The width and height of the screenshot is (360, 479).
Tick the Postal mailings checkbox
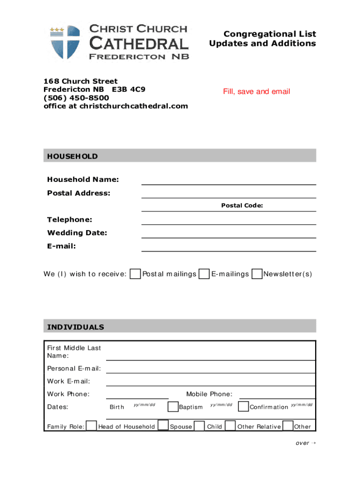[135, 274]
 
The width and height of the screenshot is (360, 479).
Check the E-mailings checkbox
[204, 274]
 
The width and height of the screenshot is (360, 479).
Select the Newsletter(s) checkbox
[257, 274]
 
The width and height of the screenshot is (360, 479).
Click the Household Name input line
[228, 180]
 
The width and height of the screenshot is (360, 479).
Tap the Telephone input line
[228, 220]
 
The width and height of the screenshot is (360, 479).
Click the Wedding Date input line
[228, 233]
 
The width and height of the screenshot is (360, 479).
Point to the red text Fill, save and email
[256, 92]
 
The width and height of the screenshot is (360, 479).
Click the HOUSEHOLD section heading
[72, 156]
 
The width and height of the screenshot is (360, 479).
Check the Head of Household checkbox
[92, 426]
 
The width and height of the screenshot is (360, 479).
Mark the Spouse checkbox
[163, 426]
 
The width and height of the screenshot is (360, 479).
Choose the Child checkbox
[200, 426]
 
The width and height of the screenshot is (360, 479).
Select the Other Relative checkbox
[230, 426]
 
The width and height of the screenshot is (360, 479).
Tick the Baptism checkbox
[173, 406]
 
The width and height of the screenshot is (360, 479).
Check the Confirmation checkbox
[243, 406]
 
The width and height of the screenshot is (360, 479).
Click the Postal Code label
[242, 205]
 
